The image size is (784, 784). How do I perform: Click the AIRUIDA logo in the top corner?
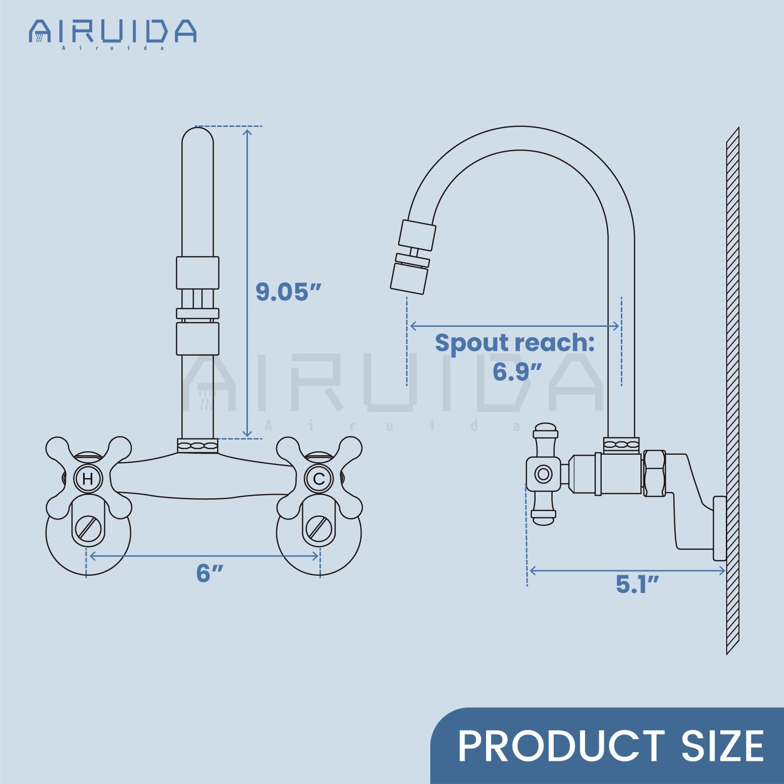coord(113,33)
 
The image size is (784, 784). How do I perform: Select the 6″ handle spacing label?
coord(210,573)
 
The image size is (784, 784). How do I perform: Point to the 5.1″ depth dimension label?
coord(637,584)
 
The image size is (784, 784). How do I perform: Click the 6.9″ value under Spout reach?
coord(517,371)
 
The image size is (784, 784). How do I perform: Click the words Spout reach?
coord(514,343)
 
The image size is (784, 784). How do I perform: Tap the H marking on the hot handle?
coord(88,479)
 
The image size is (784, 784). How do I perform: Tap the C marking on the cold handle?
coord(319,479)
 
